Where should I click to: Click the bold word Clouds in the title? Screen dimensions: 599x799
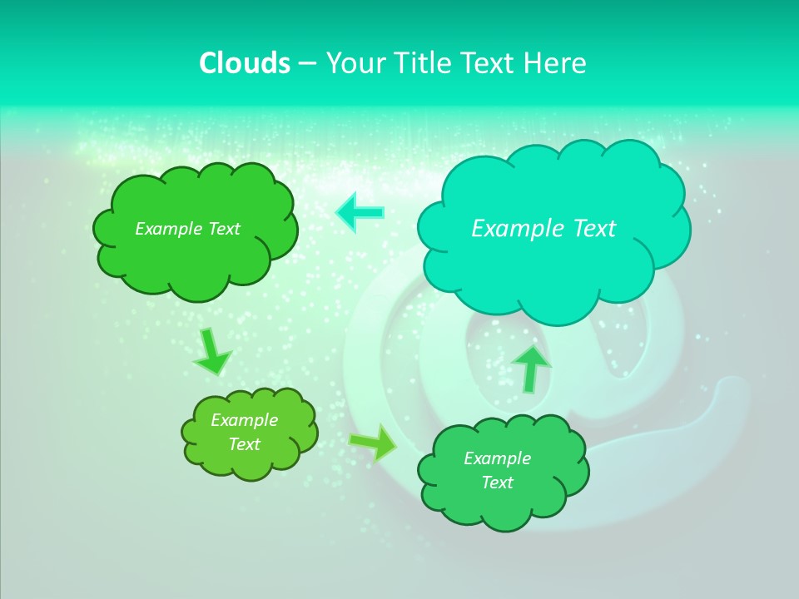click(x=244, y=63)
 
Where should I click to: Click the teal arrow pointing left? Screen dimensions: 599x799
click(x=360, y=213)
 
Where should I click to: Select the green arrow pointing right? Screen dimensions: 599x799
click(x=373, y=442)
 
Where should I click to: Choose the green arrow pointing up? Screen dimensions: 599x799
click(x=531, y=368)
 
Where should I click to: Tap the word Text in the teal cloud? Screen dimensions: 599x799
click(x=594, y=229)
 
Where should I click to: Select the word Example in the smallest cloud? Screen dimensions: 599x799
click(x=244, y=420)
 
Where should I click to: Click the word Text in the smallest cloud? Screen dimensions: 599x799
click(x=244, y=444)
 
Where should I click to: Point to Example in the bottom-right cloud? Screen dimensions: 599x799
click(x=497, y=458)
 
